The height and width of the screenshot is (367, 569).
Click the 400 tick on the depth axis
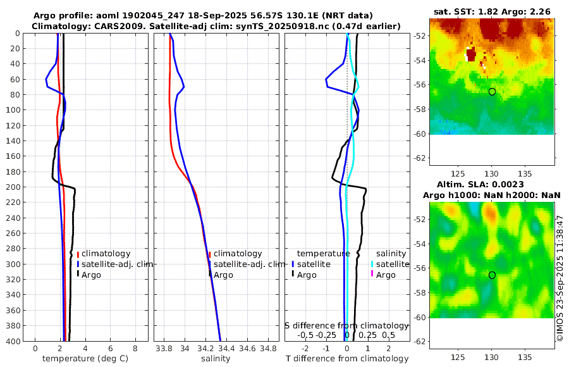pos(13,341)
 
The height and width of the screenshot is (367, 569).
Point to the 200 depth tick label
pos(13,187)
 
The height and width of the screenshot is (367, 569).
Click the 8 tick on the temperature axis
pos(135,348)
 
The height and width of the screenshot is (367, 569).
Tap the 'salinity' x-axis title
pos(215,359)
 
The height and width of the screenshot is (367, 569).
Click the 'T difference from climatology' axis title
pos(346,359)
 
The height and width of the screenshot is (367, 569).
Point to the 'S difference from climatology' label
pos(346,325)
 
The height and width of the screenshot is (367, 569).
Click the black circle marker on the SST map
pos(492,92)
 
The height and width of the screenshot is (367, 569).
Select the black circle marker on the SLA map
pos(492,275)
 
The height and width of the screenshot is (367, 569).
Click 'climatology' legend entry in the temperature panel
pos(106,254)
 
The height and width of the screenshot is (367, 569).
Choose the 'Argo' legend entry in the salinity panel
pos(223,275)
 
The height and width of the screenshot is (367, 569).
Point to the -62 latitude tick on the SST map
pos(418,158)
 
